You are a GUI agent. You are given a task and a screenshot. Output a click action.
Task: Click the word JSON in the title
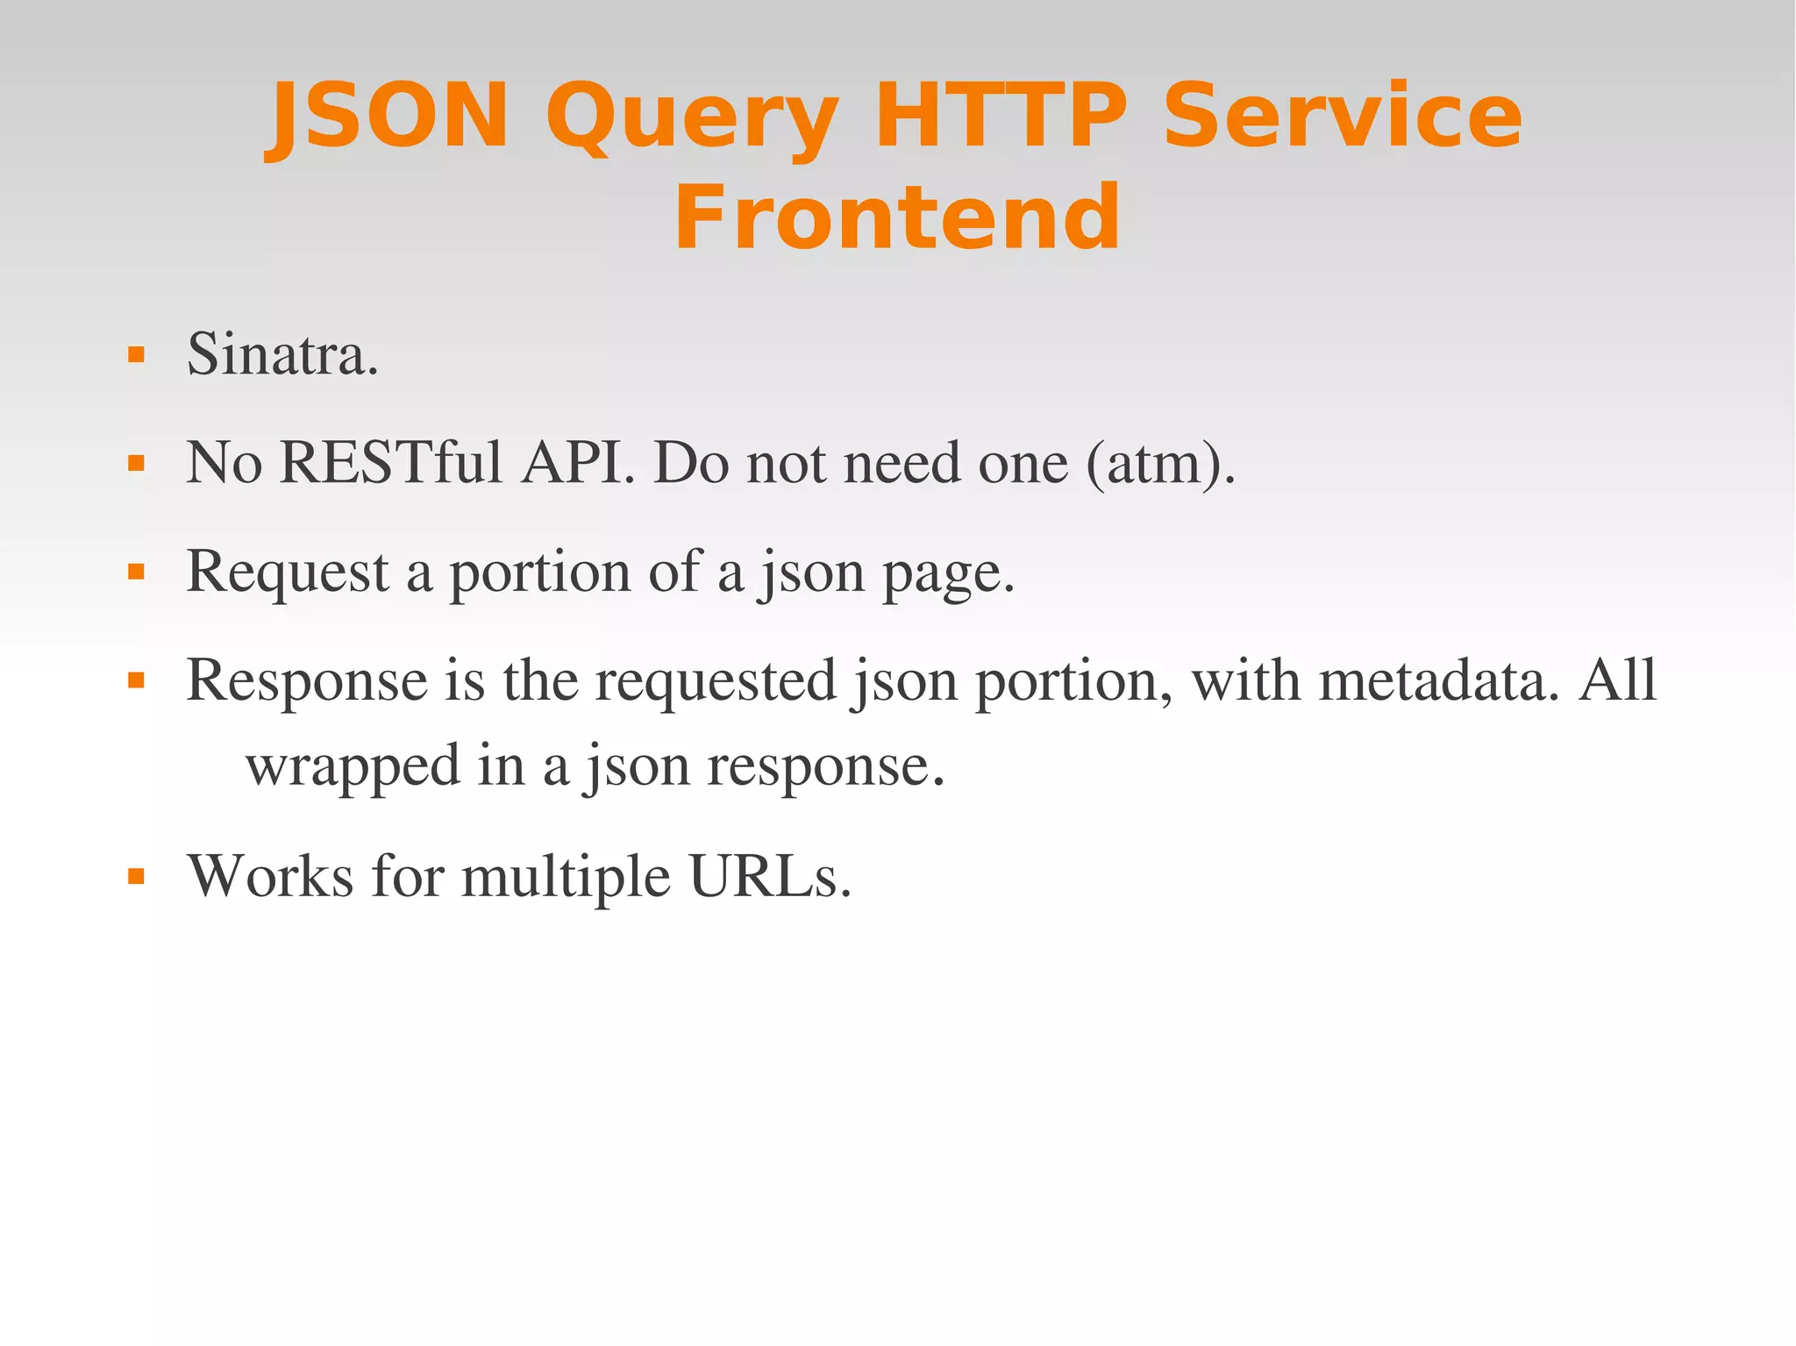(x=388, y=116)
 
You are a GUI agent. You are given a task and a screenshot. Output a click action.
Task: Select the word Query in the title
(x=692, y=118)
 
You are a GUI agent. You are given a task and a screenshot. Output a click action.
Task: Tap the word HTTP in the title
(x=1000, y=116)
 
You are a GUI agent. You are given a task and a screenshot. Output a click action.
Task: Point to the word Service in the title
(x=1342, y=116)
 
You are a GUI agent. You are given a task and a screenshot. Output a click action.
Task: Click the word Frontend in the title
(x=897, y=217)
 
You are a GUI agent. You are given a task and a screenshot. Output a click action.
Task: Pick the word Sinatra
(x=282, y=355)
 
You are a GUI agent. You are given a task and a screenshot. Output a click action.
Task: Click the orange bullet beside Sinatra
(x=136, y=355)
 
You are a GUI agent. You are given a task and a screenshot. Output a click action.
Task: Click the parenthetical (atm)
(x=1160, y=464)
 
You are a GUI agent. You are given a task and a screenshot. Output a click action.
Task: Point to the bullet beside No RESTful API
(x=136, y=463)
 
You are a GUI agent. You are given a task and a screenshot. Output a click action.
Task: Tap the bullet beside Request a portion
(x=136, y=573)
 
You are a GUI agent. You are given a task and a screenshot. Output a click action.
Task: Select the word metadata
(x=1439, y=680)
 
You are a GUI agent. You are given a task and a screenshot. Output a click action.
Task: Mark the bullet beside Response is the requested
(x=136, y=680)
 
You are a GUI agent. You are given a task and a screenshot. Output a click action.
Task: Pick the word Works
(x=271, y=876)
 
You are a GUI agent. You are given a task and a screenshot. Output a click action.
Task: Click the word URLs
(x=770, y=876)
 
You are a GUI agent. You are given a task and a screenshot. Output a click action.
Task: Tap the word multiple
(x=566, y=878)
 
